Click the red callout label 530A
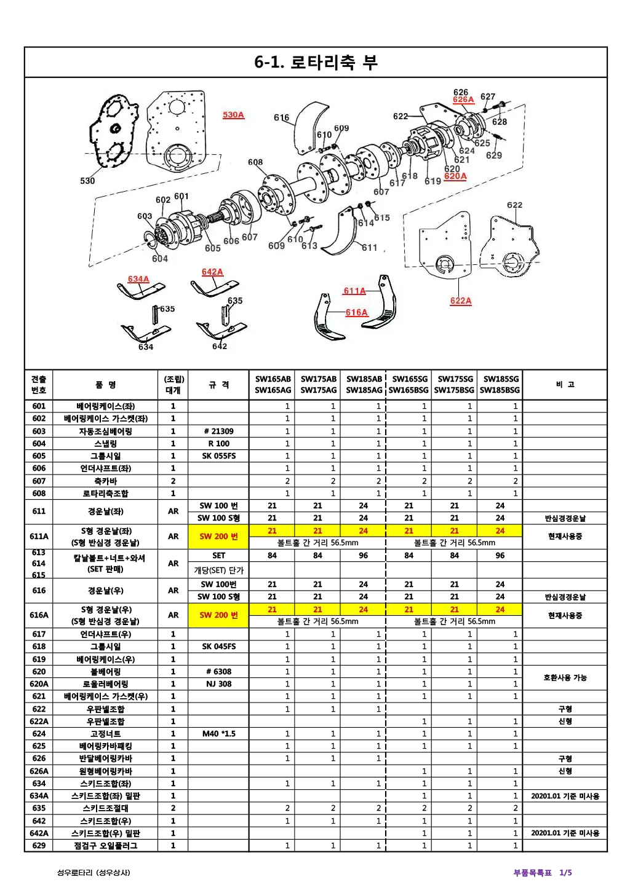point(233,115)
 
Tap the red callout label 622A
point(461,301)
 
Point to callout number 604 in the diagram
point(160,259)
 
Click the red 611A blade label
point(354,291)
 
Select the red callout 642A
point(212,272)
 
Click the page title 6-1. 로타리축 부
point(316,62)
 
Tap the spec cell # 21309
point(219,431)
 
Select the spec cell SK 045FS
point(219,647)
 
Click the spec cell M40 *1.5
point(219,733)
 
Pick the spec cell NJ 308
point(219,684)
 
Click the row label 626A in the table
point(39,771)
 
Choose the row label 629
point(39,846)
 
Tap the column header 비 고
point(565,385)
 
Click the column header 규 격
point(219,385)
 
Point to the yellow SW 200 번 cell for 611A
point(219,537)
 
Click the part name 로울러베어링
point(105,684)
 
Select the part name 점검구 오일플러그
point(105,846)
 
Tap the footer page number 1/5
point(565,873)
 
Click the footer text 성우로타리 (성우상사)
point(94,873)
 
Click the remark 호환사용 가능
point(565,677)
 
